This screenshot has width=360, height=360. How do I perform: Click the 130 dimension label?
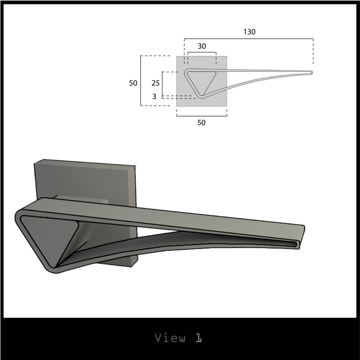[x=250, y=32]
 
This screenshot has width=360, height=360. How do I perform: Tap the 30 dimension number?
[x=202, y=46]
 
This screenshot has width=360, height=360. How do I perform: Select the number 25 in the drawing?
[x=155, y=83]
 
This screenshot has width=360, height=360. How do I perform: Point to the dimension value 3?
[x=154, y=96]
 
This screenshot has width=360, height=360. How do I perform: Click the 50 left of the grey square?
[x=133, y=83]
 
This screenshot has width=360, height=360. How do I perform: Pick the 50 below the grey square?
[x=202, y=123]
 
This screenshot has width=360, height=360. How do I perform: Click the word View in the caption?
[x=170, y=338]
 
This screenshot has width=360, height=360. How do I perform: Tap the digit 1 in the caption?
[x=199, y=338]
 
